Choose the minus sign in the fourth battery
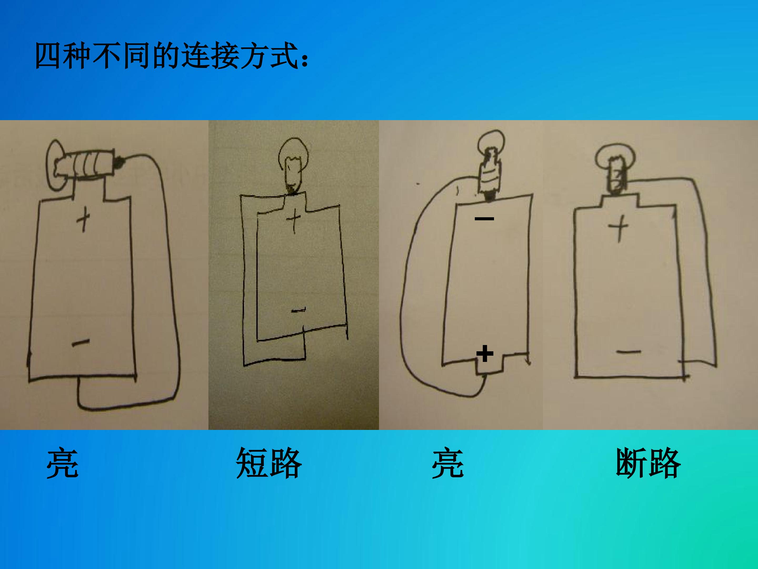629,352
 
